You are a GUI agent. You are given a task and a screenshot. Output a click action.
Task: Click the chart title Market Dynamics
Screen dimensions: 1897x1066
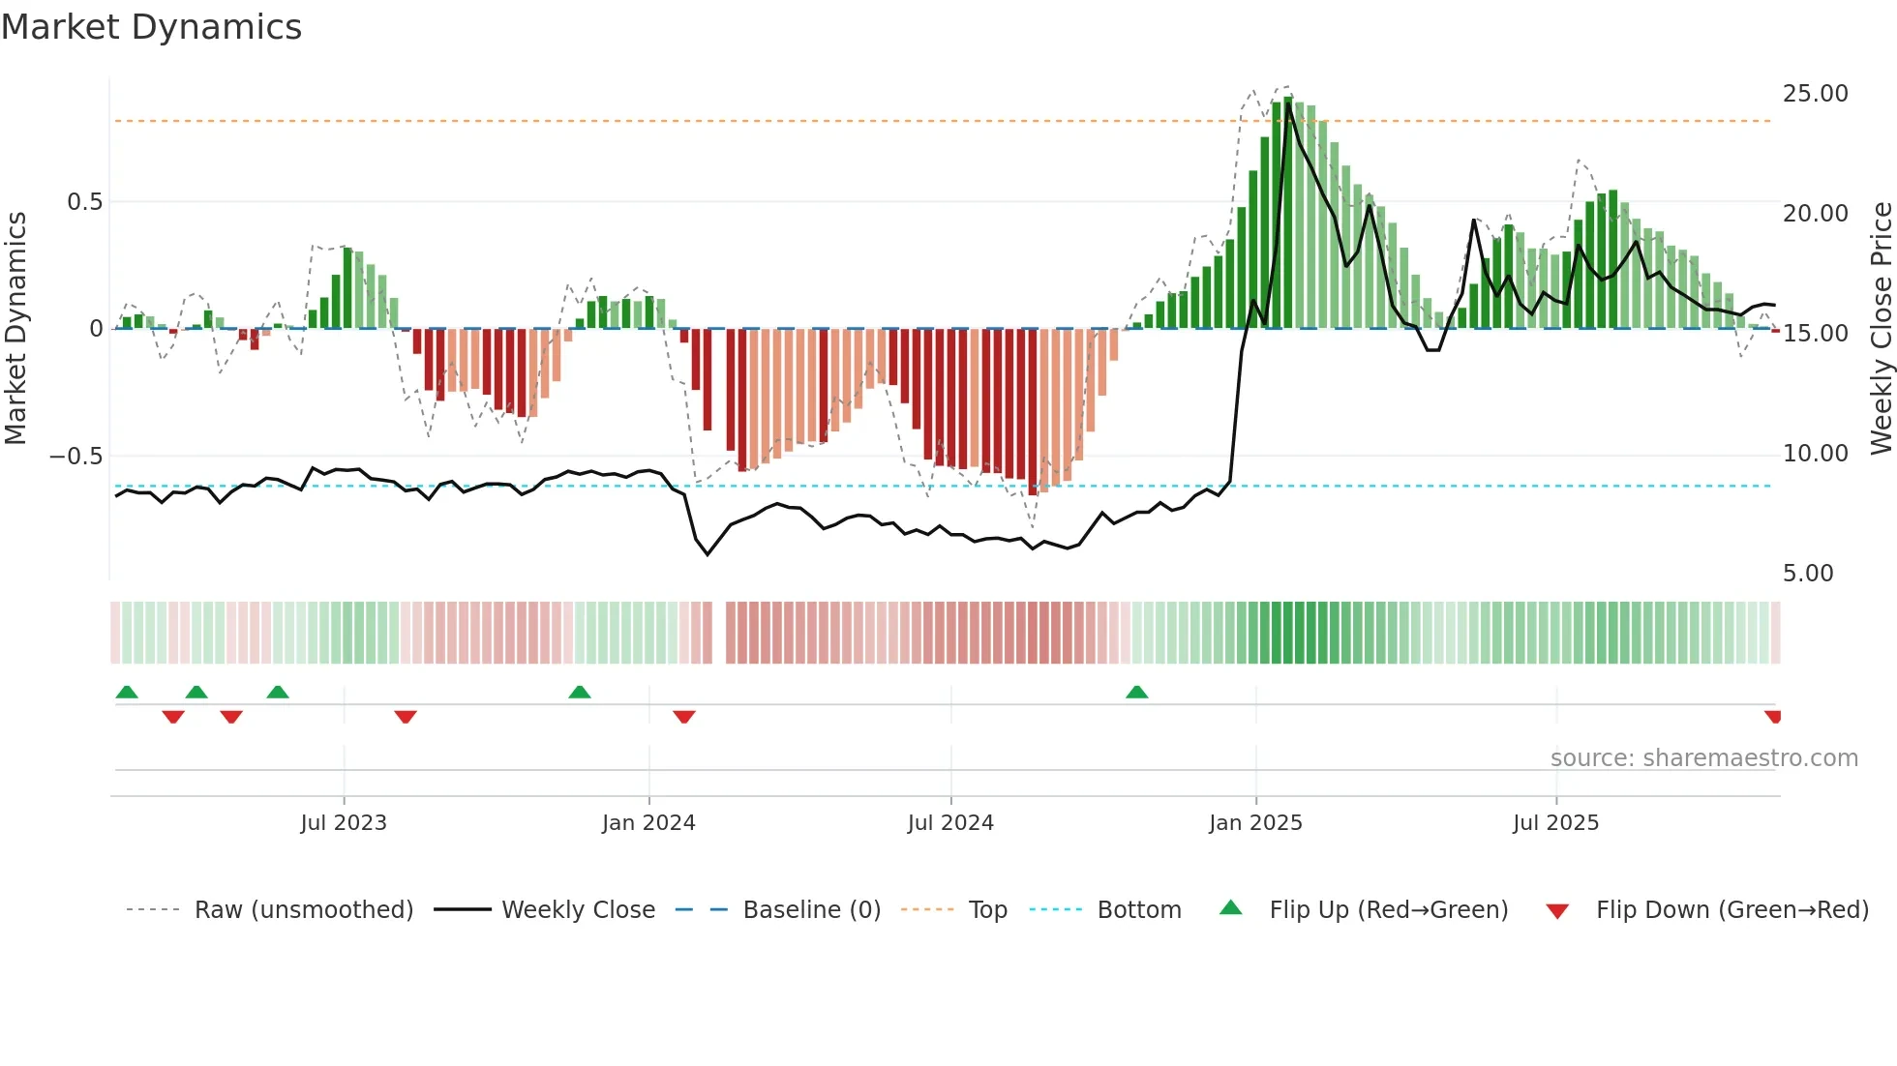[x=151, y=27]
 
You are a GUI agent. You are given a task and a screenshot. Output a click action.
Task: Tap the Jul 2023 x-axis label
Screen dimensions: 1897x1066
[x=343, y=823]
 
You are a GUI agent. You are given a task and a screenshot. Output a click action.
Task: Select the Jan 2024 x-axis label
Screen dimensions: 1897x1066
[x=648, y=823]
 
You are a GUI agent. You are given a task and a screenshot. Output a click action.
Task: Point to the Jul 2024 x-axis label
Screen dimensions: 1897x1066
[x=950, y=823]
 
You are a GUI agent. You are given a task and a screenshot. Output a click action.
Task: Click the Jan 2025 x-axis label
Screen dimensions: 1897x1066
[x=1255, y=823]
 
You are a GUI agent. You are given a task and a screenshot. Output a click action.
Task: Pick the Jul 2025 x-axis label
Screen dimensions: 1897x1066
[x=1555, y=823]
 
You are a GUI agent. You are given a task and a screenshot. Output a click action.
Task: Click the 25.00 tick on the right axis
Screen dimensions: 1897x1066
[x=1815, y=94]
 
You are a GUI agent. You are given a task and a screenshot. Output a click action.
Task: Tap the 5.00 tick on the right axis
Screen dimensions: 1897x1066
[x=1808, y=574]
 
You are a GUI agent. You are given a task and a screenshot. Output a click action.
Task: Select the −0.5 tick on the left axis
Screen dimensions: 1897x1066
[x=75, y=456]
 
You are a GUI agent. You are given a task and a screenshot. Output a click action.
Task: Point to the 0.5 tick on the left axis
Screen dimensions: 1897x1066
[x=84, y=202]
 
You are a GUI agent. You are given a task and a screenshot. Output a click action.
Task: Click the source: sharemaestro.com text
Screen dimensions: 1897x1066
[x=1703, y=758]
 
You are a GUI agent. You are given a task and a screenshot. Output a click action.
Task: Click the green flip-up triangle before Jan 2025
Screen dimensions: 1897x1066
[x=1137, y=692]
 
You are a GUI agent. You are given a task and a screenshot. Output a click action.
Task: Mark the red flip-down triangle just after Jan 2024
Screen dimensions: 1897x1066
[x=684, y=717]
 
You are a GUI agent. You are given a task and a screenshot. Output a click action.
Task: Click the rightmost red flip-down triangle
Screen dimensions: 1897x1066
[x=1773, y=717]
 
